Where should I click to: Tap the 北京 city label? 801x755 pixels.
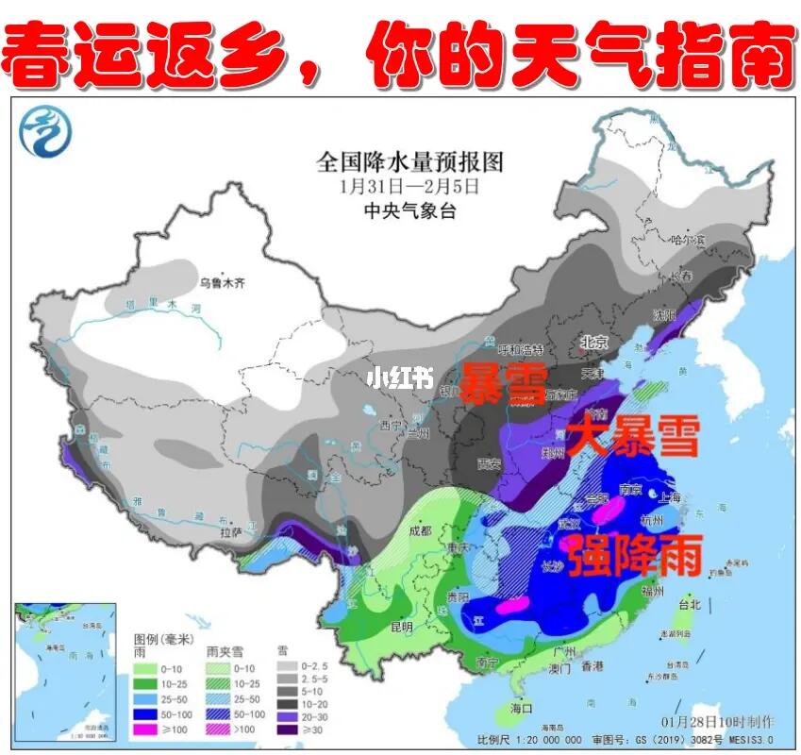click(x=592, y=343)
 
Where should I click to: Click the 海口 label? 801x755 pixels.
click(x=521, y=708)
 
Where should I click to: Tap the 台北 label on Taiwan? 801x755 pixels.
click(x=690, y=604)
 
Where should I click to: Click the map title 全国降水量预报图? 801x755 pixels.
click(x=409, y=161)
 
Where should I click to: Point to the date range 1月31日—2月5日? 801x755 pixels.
click(x=409, y=187)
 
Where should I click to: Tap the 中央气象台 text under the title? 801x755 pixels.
click(x=409, y=211)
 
